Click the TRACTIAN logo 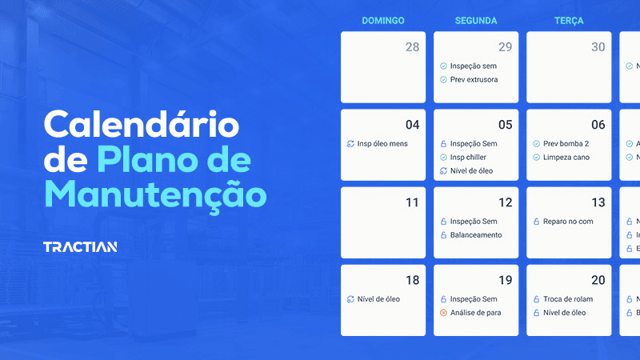click(x=80, y=246)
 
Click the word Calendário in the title click(x=141, y=126)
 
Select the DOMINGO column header click(x=382, y=21)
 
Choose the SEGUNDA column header click(x=475, y=21)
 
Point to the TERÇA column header click(x=568, y=21)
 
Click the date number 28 click(x=412, y=47)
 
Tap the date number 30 click(x=598, y=47)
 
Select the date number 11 click(x=412, y=202)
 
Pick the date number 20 click(x=598, y=280)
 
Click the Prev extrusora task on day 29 click(x=474, y=80)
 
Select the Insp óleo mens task click(x=382, y=144)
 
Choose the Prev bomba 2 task click(x=566, y=144)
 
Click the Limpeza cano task click(x=566, y=158)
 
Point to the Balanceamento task click(x=476, y=235)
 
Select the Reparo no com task click(x=568, y=222)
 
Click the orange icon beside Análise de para click(x=443, y=313)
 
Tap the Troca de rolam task click(x=568, y=299)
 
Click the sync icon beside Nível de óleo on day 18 click(x=350, y=299)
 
